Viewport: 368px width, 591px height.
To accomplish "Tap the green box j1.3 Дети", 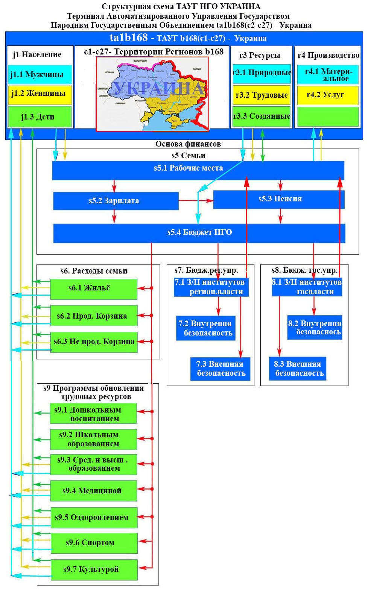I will pos(40,116).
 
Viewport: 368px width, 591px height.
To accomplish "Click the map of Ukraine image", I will pos(152,94).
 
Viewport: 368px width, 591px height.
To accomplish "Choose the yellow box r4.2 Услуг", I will pos(327,95).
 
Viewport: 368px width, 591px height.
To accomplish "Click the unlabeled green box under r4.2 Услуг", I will pos(327,116).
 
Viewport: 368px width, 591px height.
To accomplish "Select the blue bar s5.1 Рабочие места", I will pos(198,170).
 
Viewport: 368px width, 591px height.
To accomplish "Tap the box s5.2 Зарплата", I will pos(116,201).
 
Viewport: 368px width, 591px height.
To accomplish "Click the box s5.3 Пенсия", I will pos(279,200).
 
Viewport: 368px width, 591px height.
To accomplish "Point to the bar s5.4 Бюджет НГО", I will pos(199,233).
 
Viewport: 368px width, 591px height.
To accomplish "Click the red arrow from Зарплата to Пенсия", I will pos(196,201).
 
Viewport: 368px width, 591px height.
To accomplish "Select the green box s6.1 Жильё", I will pos(94,289).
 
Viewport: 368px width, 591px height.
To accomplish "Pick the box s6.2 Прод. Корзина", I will pos(94,316).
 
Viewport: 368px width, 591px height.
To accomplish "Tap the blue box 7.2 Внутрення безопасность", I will pos(205,328).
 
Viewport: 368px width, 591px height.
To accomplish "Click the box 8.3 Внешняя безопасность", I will pos(297,369).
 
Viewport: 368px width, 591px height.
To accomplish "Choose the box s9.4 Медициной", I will pos(93,490).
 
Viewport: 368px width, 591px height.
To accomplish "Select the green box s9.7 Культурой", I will pos(94,569).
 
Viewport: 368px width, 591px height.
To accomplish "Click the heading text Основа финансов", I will pos(188,144).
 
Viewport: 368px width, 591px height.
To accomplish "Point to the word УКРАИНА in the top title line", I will pos(240,6).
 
